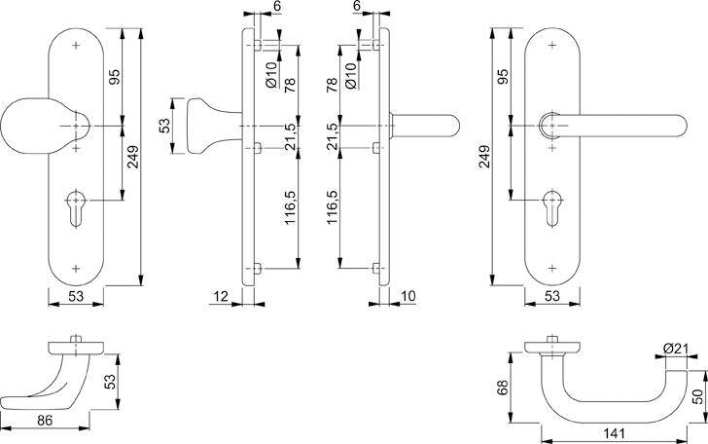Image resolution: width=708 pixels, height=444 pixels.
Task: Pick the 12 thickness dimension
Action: pos(223,295)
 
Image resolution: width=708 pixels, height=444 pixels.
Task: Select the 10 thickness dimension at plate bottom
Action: pos(407,295)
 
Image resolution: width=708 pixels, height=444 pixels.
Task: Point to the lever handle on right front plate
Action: pos(603,127)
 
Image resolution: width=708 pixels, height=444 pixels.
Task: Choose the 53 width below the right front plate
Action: pos(551,296)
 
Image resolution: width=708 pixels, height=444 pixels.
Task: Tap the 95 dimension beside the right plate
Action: pos(504,77)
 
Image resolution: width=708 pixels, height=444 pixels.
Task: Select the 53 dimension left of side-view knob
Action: pos(164,126)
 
